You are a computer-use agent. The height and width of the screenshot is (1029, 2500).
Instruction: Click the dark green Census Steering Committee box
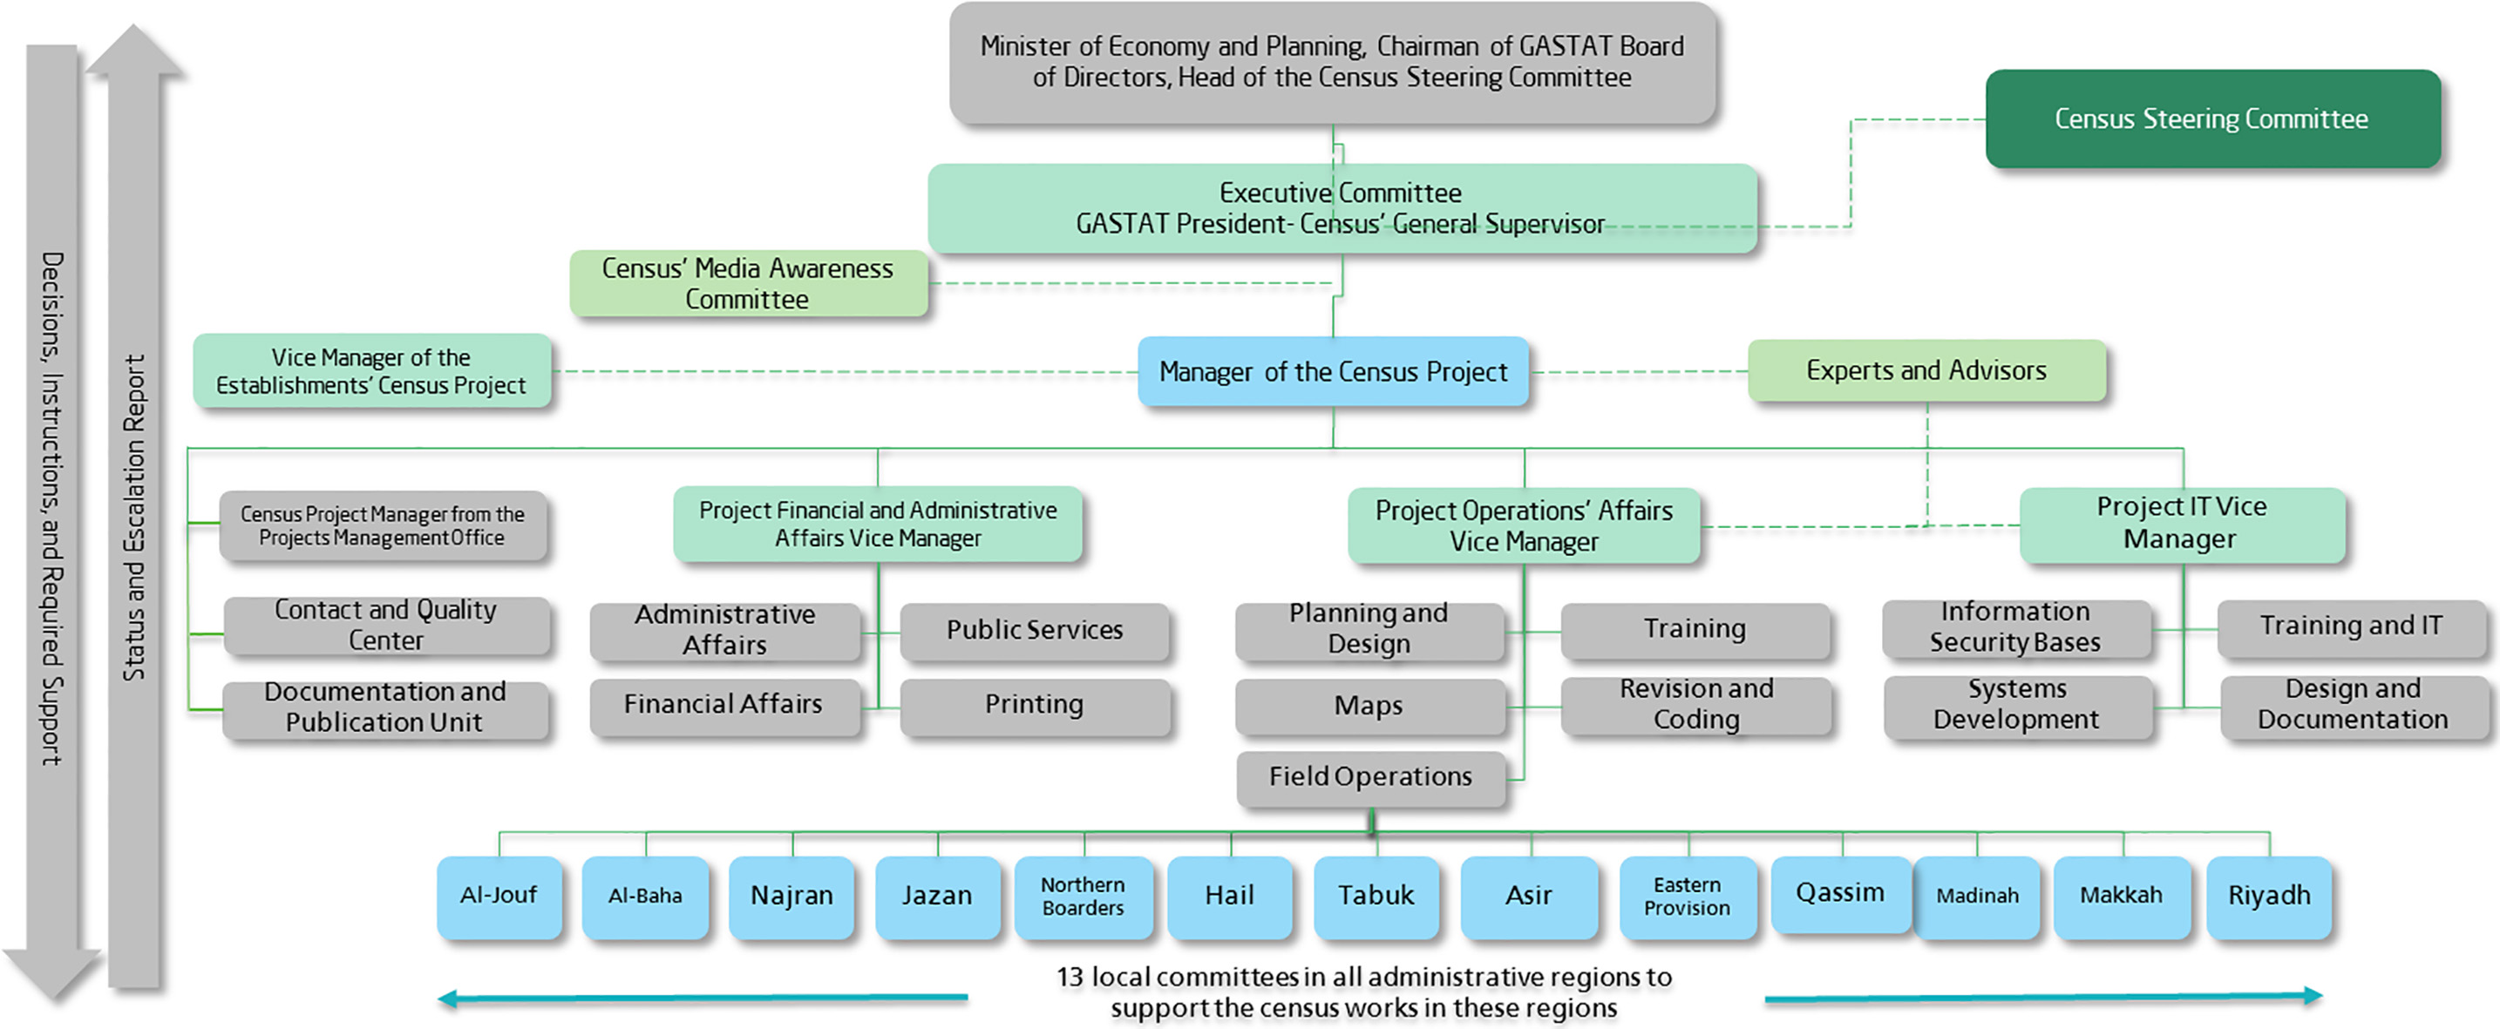[x=2212, y=118]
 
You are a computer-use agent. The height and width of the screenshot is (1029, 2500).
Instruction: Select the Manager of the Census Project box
[x=1333, y=371]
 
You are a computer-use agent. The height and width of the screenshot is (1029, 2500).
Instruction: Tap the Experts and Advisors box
[x=1926, y=370]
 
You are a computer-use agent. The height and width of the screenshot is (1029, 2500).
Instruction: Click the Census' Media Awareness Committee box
[x=748, y=283]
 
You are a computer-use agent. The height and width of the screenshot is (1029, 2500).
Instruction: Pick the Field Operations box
[x=1370, y=777]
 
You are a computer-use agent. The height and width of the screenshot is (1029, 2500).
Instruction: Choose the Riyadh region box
[x=2269, y=897]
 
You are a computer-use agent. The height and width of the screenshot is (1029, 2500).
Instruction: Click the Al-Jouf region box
[x=499, y=897]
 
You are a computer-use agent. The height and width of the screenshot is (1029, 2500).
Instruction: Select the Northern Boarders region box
[x=1084, y=897]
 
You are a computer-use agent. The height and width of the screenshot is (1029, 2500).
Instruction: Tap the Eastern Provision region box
[x=1688, y=897]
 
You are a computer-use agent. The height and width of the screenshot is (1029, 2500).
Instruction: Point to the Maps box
[x=1369, y=705]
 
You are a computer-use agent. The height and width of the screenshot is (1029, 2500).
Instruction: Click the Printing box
[x=1035, y=705]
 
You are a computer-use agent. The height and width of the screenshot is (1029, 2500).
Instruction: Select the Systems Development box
[x=2018, y=705]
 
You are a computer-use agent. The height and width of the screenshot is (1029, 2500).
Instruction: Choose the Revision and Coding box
[x=1695, y=705]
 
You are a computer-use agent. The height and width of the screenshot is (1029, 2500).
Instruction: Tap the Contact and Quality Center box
[x=386, y=626]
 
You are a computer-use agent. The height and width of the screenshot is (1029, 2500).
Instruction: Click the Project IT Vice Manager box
[x=2182, y=524]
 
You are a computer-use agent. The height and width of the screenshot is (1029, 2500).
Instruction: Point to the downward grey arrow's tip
[x=52, y=999]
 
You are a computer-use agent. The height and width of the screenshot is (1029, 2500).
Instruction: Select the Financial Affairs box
[x=724, y=705]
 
